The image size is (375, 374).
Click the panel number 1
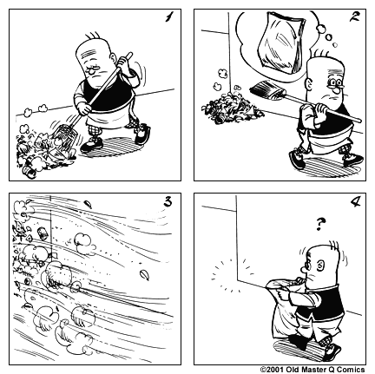(168, 17)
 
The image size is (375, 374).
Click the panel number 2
(354, 16)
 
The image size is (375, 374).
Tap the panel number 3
(168, 201)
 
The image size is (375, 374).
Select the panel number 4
(355, 201)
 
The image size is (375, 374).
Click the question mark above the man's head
(320, 224)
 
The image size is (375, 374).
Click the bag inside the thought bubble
(281, 43)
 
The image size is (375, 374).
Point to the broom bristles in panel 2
(265, 89)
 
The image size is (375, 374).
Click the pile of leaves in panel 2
(233, 108)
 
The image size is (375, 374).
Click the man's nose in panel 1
(92, 70)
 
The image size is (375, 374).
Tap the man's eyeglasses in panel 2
(335, 83)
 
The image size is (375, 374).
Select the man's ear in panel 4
(319, 266)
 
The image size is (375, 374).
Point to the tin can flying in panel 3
(43, 233)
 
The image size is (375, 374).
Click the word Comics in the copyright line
(351, 370)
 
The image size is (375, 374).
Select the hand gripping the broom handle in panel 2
(321, 109)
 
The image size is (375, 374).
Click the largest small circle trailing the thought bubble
(321, 30)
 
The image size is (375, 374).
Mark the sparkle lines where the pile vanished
(232, 275)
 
